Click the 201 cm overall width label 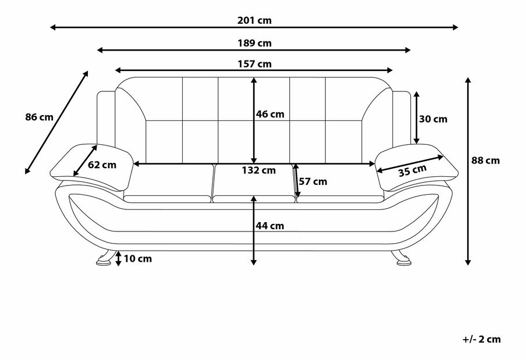(x=255, y=20)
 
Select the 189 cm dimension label (x=255, y=43)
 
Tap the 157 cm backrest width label (x=255, y=64)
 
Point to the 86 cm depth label (x=39, y=117)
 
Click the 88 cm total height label (x=485, y=161)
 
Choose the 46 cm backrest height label (x=270, y=114)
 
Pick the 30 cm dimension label (x=433, y=119)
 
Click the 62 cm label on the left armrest (x=102, y=165)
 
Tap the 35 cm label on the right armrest (x=413, y=170)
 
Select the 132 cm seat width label (x=259, y=170)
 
